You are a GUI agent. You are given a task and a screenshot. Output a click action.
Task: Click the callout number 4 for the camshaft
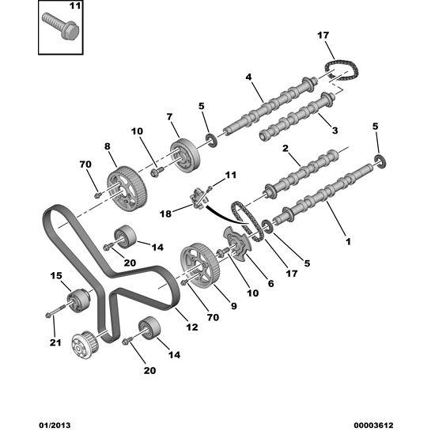[x=248, y=77]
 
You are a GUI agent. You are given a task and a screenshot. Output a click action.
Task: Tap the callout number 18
[x=165, y=214]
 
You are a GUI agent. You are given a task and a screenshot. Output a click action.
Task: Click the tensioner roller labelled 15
[x=79, y=301]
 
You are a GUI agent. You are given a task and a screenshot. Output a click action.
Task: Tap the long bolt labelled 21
[x=56, y=310]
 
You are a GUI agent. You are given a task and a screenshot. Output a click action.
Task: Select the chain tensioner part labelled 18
[x=198, y=198]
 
